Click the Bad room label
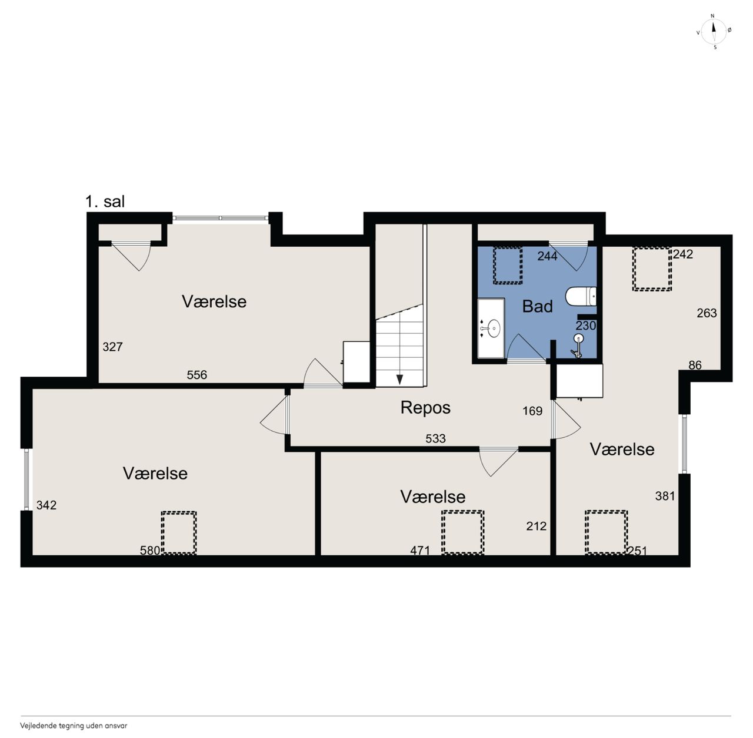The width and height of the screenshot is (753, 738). coord(537,307)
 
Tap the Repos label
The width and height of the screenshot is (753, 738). coord(425,408)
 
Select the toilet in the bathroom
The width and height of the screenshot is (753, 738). coord(581,297)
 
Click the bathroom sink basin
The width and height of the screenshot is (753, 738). coord(494,328)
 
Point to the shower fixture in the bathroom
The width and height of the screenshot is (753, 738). coord(578,345)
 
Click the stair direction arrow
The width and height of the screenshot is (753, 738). coord(399,380)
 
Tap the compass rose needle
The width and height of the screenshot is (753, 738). coord(714,31)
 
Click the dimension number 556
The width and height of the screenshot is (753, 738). coord(196,375)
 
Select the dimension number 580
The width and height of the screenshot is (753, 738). coord(150,551)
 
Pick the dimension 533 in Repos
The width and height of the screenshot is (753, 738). coord(435,438)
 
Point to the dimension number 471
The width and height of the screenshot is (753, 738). coord(420,551)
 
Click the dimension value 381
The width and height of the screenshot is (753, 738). coord(665,496)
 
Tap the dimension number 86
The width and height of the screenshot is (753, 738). coord(695,365)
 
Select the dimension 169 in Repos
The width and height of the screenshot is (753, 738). coord(532,411)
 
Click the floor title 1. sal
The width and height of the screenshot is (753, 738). coord(105,202)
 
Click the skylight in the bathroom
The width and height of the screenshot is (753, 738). coord(508,266)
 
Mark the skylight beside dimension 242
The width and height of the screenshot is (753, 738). coord(652,269)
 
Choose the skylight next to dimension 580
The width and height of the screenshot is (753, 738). coord(179,532)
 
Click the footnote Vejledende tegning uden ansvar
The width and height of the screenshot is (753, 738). coord(74,726)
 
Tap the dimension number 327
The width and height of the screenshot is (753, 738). coord(112,347)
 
